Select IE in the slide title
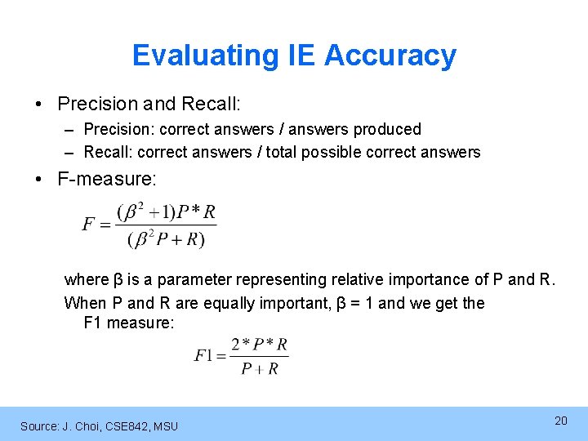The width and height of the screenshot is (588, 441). point(301,56)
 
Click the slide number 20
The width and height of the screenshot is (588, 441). point(560,421)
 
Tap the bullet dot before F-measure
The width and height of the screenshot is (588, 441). point(39,178)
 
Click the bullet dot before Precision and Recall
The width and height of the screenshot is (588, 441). point(39,105)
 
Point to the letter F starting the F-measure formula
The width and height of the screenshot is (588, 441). point(88,225)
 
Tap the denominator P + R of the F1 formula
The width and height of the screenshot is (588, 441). point(260,369)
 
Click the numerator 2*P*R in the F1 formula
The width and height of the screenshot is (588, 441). point(259,344)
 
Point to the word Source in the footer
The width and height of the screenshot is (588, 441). point(38,425)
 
